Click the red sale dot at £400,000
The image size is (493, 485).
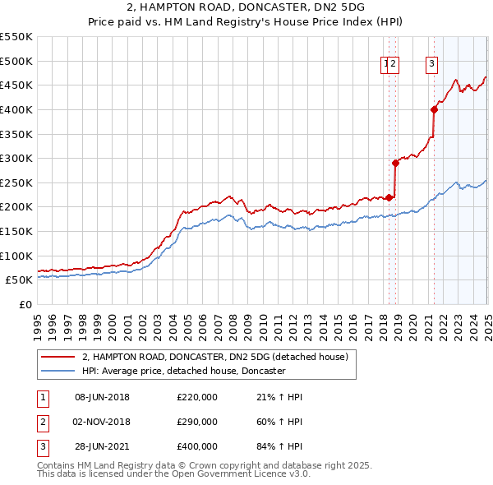434,109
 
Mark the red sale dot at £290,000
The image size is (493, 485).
395,163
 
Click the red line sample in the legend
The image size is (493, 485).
58,357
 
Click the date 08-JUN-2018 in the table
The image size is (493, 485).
102,398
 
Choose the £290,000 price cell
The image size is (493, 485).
197,423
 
